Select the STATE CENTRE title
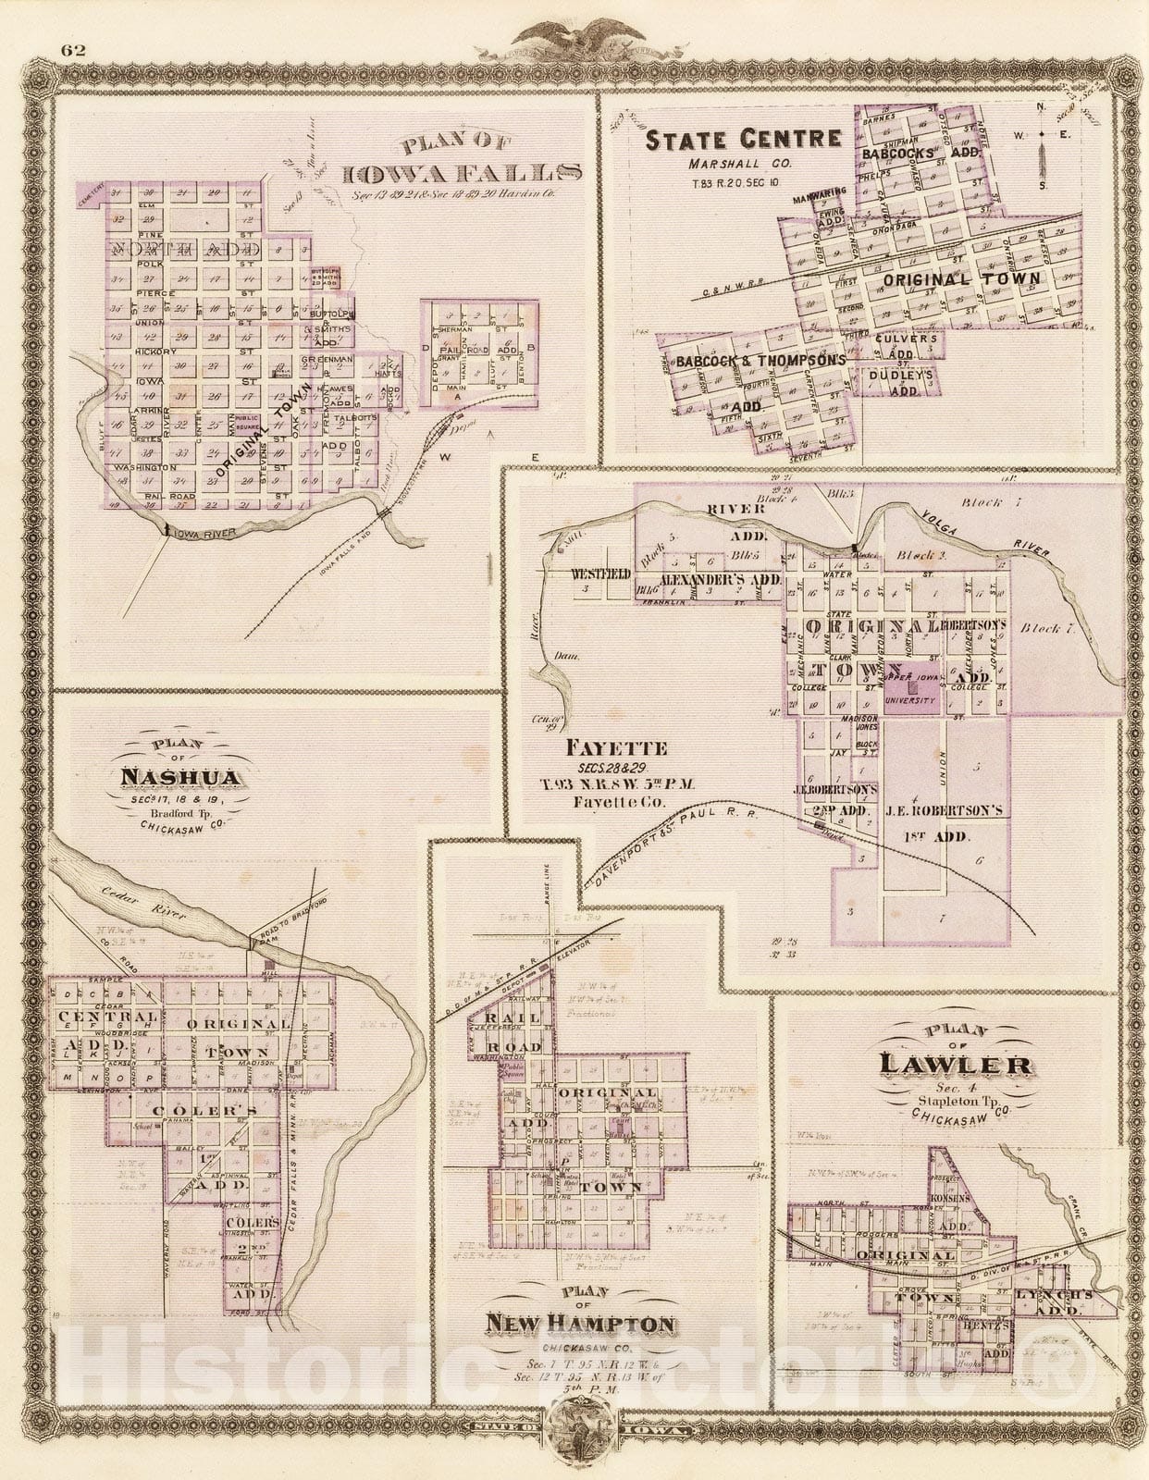(743, 141)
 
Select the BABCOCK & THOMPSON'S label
(760, 360)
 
